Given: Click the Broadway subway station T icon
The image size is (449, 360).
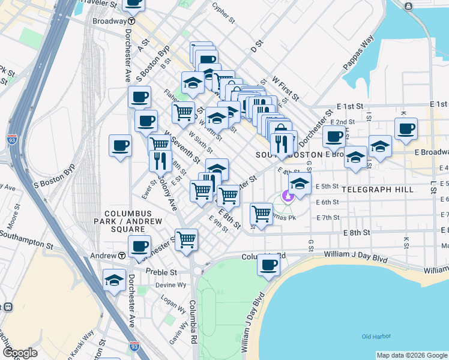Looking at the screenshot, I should (x=130, y=20).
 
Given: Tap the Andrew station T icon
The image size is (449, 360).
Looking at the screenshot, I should (x=122, y=256).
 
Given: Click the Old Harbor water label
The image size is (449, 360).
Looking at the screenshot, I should (x=376, y=337).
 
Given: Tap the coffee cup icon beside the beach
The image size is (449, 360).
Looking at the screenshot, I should (x=269, y=264).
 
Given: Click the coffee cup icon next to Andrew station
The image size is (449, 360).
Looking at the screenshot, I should (x=140, y=246).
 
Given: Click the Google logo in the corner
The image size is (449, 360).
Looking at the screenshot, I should (x=20, y=353).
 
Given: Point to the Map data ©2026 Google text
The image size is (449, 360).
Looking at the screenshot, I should (x=411, y=355).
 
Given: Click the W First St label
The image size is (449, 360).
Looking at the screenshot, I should (x=285, y=88).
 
